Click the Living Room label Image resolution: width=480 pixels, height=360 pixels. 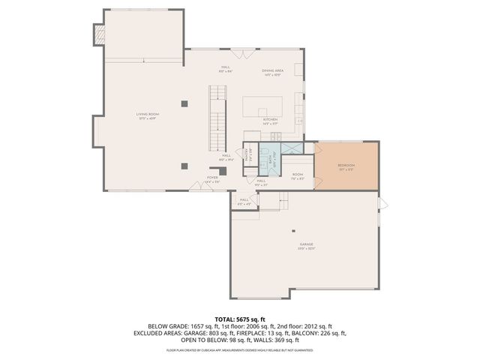(x=147, y=115)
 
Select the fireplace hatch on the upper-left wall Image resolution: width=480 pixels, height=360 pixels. (x=97, y=33)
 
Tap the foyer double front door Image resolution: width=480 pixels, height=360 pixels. (x=199, y=190)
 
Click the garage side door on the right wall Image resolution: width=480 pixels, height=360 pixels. (x=380, y=203)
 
